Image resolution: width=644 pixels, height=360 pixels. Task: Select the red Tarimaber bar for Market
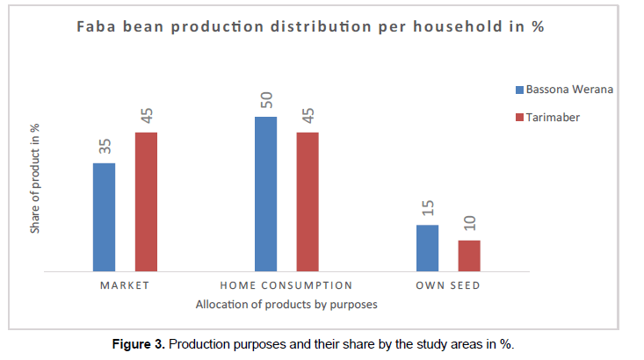146,202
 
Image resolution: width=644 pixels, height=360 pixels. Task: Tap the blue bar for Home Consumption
265,194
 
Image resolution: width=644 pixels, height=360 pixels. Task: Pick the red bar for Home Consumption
308,202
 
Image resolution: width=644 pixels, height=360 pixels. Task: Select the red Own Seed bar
469,256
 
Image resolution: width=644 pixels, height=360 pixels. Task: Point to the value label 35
104,148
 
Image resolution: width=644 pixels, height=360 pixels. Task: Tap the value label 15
427,209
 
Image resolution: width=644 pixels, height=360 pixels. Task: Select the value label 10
469,225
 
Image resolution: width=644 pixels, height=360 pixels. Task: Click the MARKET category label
125,285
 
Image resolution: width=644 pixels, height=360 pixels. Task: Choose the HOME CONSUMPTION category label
286,285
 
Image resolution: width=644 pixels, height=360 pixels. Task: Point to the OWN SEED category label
448,285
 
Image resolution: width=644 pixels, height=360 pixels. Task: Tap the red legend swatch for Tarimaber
519,117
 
